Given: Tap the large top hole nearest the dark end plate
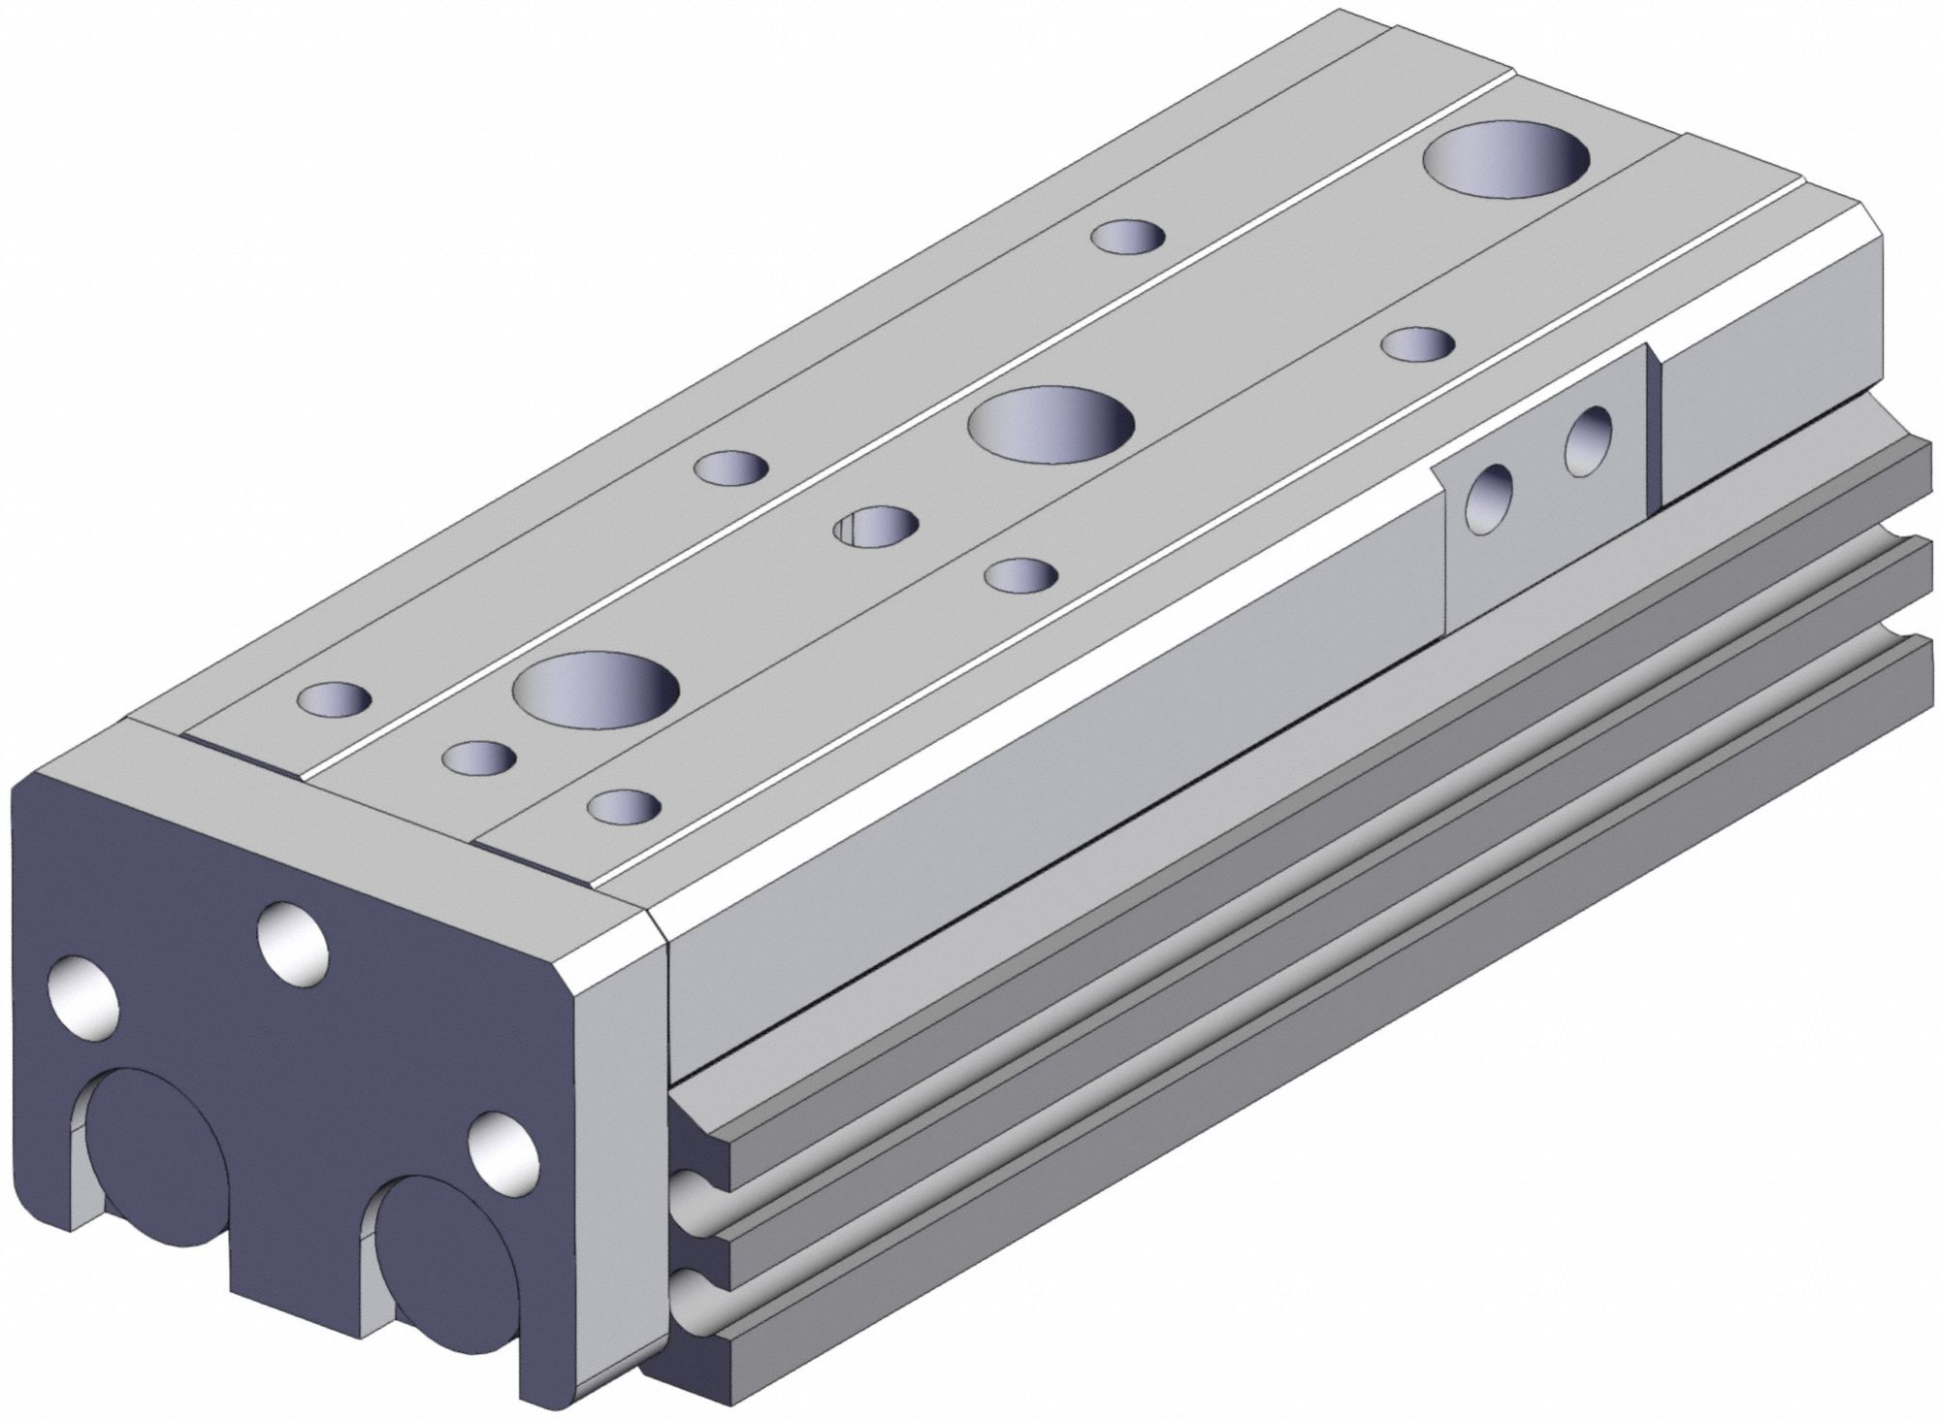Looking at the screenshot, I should (596, 693).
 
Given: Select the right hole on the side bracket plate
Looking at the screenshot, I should (1588, 441).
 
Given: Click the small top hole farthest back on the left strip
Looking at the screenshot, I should (1128, 236).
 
